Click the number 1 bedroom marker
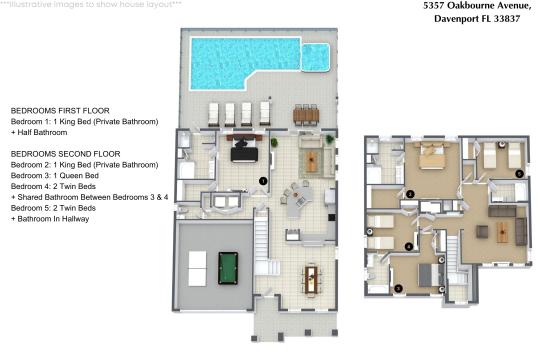[x=262, y=180]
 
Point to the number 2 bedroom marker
[x=410, y=193]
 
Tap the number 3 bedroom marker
[x=399, y=288]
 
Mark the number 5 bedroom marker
[x=518, y=173]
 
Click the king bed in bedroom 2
[x=433, y=156]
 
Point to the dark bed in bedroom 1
[x=241, y=151]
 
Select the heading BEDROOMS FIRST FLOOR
[x=59, y=110]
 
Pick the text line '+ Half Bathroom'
[x=42, y=131]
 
